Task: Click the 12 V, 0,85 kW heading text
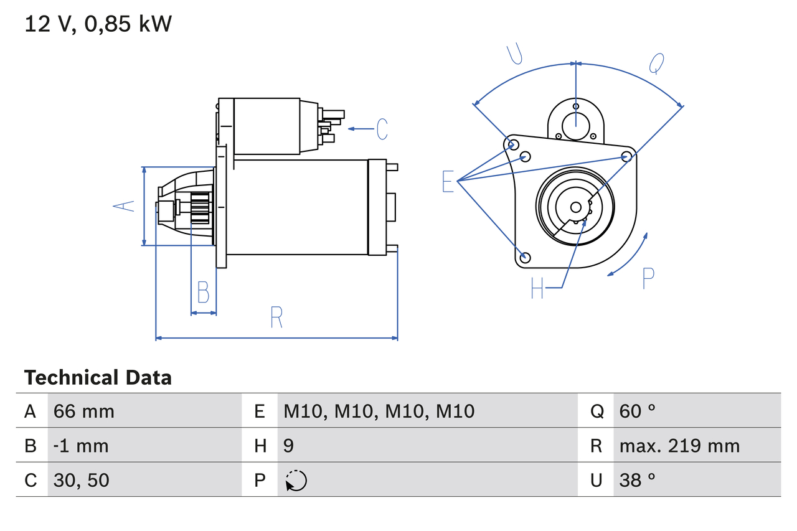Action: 98,24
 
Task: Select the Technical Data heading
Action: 98,378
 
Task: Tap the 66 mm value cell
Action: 83,411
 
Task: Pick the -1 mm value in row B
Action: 81,446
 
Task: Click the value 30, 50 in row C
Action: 81,480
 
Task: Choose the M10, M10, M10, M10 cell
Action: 379,411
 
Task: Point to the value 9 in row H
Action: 288,446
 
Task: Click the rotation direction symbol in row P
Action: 296,481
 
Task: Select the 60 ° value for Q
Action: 638,411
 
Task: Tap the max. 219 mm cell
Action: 679,446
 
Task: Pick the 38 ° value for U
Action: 638,480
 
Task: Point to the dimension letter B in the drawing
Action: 203,291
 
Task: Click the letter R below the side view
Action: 276,317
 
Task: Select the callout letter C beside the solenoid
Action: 382,129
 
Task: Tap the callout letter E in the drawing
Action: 448,182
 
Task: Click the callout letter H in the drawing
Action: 537,288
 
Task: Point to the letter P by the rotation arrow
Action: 648,278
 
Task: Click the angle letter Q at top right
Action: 657,63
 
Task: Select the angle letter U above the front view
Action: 514,54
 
